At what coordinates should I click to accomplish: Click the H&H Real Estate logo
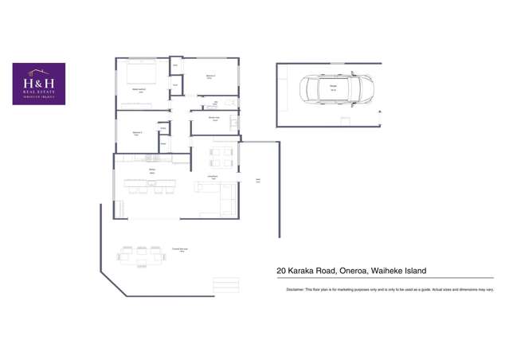pyautogui.click(x=39, y=84)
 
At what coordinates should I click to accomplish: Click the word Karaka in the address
pyautogui.click(x=306, y=271)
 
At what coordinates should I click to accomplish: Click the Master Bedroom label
pyautogui.click(x=139, y=90)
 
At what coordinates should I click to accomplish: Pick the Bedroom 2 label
pyautogui.click(x=209, y=76)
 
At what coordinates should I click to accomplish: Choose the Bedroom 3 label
pyautogui.click(x=137, y=132)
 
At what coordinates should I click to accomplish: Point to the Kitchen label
pyautogui.click(x=151, y=170)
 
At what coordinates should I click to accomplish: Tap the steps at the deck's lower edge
pyautogui.click(x=225, y=282)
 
